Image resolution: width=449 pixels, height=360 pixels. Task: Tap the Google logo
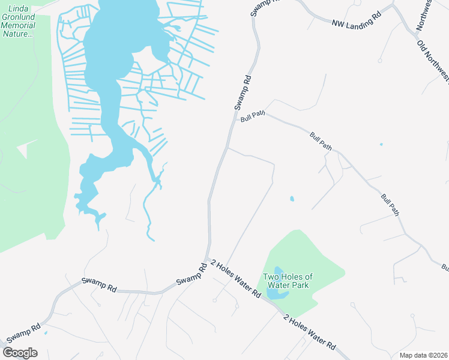point(20,352)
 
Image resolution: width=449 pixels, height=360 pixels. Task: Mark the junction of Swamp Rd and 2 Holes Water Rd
point(208,260)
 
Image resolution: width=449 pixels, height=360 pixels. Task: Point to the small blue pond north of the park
point(292,199)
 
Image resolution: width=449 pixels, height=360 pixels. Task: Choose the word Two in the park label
point(271,277)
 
